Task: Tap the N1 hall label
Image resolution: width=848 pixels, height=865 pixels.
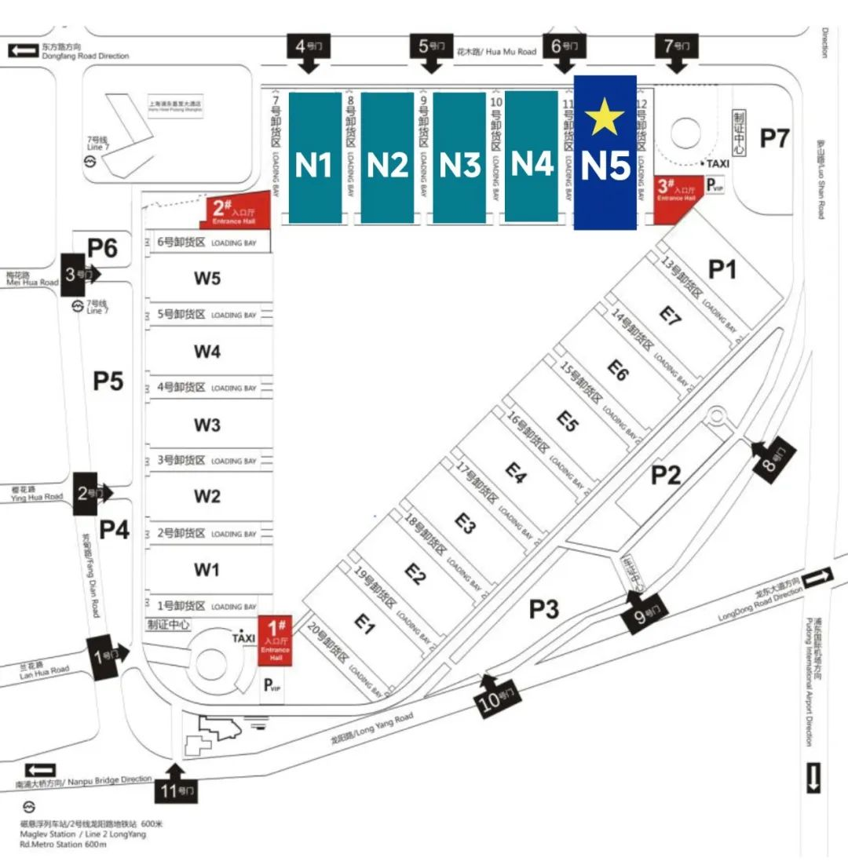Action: [x=314, y=166]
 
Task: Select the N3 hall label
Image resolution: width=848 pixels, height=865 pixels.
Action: [x=459, y=166]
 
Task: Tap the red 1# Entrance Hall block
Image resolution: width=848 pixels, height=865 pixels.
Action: [x=276, y=640]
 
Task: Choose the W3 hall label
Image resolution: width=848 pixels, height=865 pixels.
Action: [x=207, y=425]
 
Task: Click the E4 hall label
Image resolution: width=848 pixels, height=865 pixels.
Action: [x=516, y=473]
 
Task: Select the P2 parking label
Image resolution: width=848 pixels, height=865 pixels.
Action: [x=666, y=474]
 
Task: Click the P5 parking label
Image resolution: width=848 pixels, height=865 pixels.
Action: [x=108, y=381]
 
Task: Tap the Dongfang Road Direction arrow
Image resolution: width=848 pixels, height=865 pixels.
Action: [x=22, y=50]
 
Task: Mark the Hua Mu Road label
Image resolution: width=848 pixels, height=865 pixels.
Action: [x=496, y=52]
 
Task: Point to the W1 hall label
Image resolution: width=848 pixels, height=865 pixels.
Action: [x=207, y=569]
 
